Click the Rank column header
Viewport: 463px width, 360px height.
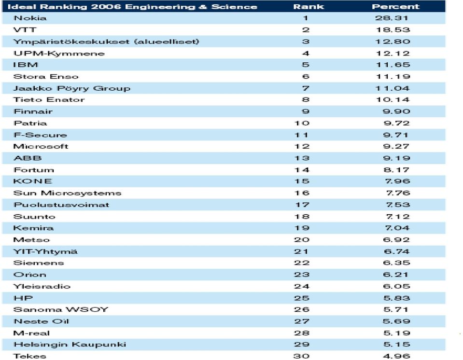[x=309, y=6]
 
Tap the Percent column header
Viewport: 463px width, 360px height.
[x=396, y=6]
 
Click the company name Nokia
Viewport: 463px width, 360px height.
[x=30, y=18]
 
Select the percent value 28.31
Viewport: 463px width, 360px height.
[x=392, y=18]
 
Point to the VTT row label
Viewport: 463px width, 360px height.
[x=25, y=30]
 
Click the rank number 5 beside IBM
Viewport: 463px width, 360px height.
[x=306, y=65]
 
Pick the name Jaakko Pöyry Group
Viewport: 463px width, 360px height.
[x=72, y=88]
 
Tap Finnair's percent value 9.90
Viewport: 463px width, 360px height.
[x=396, y=111]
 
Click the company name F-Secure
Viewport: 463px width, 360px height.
[x=40, y=135]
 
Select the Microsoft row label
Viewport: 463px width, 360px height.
[x=41, y=146]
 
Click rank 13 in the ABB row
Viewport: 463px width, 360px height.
[x=302, y=158]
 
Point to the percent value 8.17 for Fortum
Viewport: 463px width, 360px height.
[x=396, y=170]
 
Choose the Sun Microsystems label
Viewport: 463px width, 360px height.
[x=67, y=194]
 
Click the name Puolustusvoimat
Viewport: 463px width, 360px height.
[x=61, y=205]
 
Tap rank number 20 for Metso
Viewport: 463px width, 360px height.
[x=302, y=240]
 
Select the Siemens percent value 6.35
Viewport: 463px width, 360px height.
[x=396, y=263]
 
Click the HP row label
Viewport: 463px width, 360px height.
[x=23, y=298]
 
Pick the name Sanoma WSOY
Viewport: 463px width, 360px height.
[x=61, y=309]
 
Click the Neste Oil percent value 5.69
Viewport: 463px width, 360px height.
[x=396, y=321]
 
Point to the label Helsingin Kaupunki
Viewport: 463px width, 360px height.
[x=70, y=345]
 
